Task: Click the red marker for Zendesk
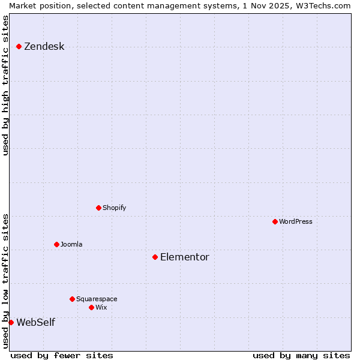[19, 46]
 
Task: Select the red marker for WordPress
[275, 221]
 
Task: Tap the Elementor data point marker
[155, 257]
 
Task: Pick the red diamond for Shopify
[98, 208]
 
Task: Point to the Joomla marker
[56, 244]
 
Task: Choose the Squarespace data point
[72, 299]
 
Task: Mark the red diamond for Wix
[91, 307]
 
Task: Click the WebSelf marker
[11, 322]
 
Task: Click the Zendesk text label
[44, 47]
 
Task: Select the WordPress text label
[295, 221]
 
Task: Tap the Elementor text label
[184, 257]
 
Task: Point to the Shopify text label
[114, 208]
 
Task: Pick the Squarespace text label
[97, 299]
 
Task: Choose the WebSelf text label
[35, 323]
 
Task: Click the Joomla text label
[71, 244]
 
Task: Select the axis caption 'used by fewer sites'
[62, 355]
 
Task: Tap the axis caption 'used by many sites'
[301, 355]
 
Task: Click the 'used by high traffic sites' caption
[6, 85]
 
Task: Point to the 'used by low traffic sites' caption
[6, 280]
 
